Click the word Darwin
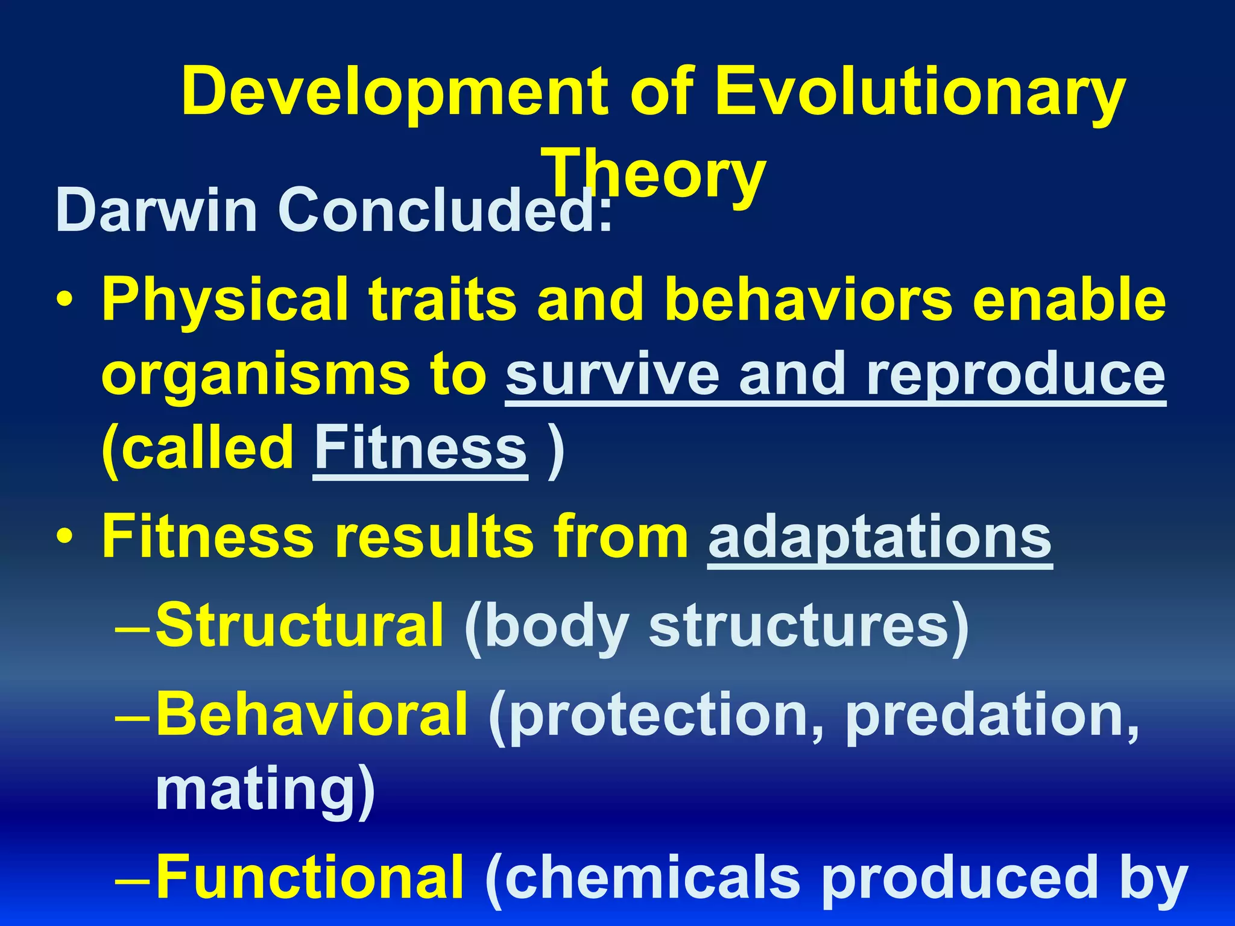tap(157, 210)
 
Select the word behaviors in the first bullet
tap(808, 300)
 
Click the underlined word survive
tap(612, 375)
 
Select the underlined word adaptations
tap(880, 537)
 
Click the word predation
tap(992, 716)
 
